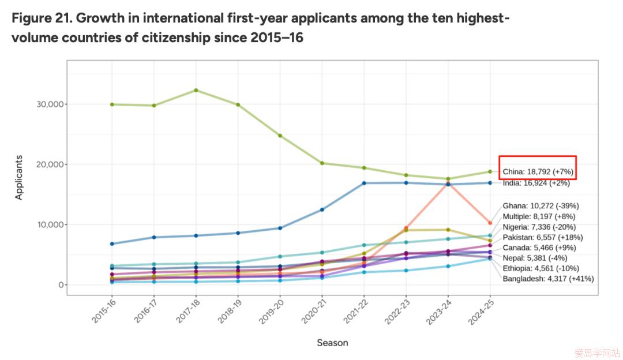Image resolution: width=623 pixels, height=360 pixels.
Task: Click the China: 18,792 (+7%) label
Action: coord(538,172)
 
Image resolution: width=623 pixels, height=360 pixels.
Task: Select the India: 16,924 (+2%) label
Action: coord(536,183)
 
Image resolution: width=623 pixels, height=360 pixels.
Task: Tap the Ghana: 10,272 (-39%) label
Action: coord(541,205)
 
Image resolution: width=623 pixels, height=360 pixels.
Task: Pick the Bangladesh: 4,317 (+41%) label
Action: coord(548,279)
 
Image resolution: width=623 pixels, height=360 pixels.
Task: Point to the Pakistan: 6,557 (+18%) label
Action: coord(542,237)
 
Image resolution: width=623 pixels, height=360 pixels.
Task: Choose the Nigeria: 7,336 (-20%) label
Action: coord(539,227)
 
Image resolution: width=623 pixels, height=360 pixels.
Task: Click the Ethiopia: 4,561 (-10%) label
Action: coord(543,268)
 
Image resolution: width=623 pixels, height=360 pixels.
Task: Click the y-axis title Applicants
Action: coord(19,177)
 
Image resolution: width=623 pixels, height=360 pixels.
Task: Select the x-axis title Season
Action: coord(332,343)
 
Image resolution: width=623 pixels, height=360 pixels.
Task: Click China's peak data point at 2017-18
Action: coord(196,90)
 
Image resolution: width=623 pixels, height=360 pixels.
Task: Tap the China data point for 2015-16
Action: coord(112,104)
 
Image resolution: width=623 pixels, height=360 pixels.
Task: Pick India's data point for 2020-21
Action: coord(322,209)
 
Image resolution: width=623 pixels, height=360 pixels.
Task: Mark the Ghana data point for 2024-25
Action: coord(490,223)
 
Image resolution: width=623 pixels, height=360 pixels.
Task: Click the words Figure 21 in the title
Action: coord(40,17)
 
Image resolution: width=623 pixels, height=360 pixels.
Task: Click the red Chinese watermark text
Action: coord(596,351)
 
